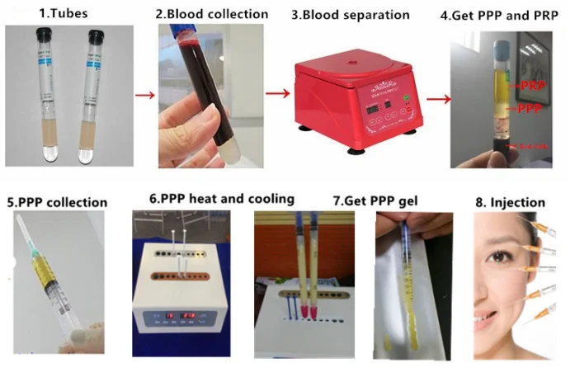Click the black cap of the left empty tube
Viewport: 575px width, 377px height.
coord(43,35)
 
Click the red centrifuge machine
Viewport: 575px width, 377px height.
coord(356,102)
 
